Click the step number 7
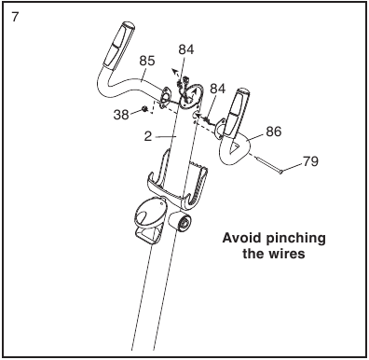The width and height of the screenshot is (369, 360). (15, 17)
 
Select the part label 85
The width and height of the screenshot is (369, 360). (147, 61)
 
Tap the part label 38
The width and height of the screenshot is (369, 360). (121, 115)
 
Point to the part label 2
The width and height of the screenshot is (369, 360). (148, 136)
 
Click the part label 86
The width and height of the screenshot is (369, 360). (273, 132)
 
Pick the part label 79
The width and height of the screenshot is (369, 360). (310, 161)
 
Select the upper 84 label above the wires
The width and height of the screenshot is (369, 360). (186, 49)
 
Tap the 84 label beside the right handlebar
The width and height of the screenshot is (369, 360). (217, 89)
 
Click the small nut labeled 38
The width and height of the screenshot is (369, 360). (144, 109)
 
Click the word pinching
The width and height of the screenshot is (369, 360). (296, 239)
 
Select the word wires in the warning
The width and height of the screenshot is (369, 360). (287, 254)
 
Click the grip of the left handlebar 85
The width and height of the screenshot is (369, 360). (118, 45)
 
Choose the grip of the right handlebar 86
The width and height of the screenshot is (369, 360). (237, 113)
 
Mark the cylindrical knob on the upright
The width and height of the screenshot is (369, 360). (180, 221)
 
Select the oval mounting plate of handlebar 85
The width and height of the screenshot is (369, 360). (165, 97)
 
